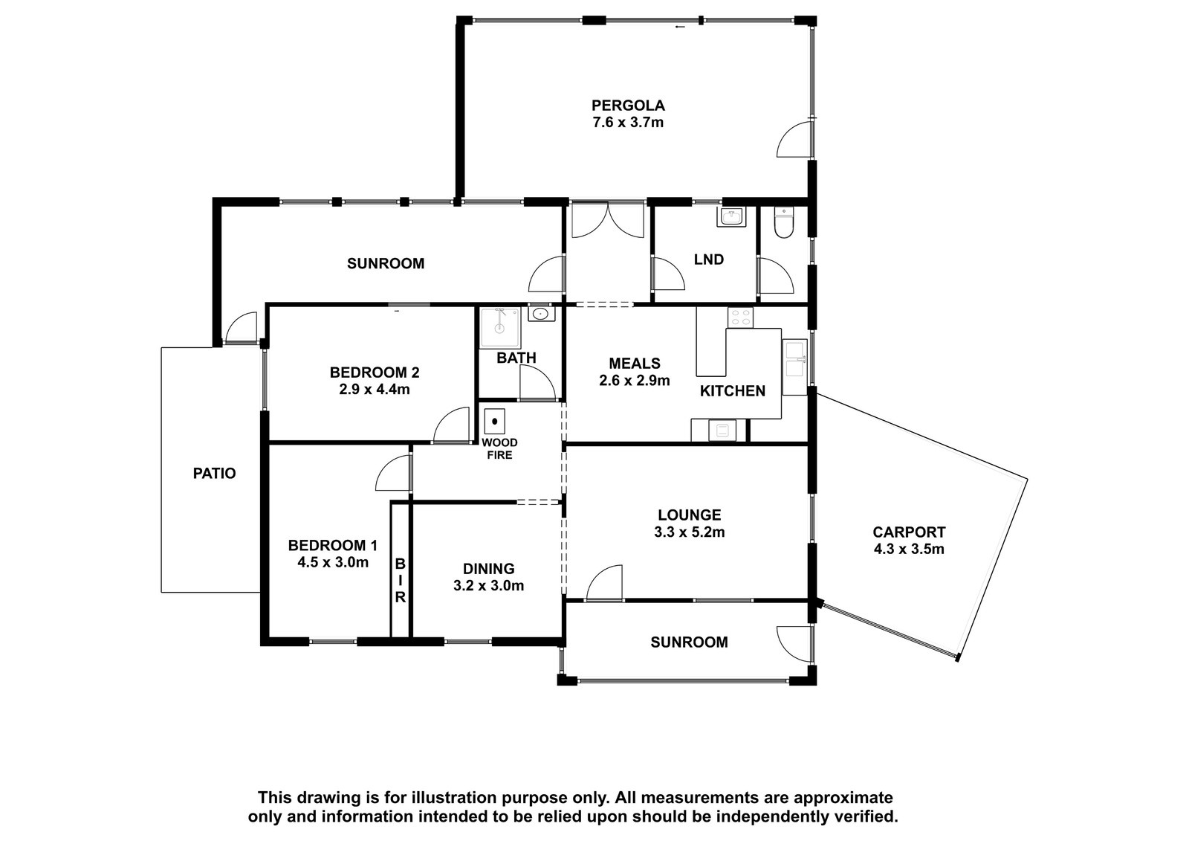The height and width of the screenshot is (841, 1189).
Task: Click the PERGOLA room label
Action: coord(628,105)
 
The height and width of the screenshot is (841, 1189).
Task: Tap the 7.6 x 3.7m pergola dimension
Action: coord(628,122)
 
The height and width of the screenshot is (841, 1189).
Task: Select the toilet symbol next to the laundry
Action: coord(783,222)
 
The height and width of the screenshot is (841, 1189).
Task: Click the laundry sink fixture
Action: coord(731,216)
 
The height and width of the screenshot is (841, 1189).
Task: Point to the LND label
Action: coord(709,260)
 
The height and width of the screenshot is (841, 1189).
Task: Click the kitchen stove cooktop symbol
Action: coord(740,318)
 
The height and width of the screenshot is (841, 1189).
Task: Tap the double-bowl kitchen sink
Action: coord(794,360)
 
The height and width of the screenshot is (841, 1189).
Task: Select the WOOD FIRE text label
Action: coord(499,448)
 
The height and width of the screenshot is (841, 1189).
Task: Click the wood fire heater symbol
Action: coord(494,422)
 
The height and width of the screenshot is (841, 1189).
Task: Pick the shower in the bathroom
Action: coord(500,329)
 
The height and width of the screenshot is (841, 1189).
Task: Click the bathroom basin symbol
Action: coord(541,314)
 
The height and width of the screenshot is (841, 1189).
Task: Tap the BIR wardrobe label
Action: coord(401,580)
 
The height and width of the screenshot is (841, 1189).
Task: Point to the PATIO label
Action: coord(215,473)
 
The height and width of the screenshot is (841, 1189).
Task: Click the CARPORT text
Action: coord(910,532)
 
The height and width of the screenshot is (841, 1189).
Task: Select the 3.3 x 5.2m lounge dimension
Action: coord(690,532)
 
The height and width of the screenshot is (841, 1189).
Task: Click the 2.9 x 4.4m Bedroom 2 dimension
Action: coord(375,390)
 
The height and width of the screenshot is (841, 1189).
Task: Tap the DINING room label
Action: coord(488,568)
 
